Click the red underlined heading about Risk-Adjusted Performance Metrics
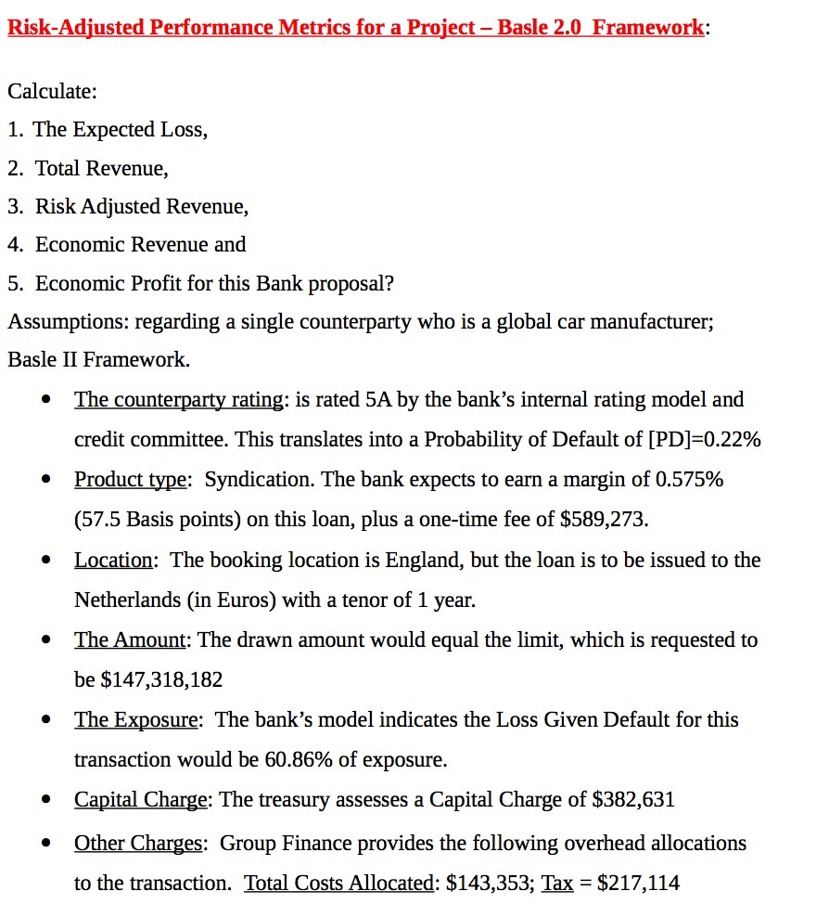(355, 27)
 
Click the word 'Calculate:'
(52, 92)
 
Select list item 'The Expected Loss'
(119, 130)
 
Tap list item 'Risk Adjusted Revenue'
(141, 206)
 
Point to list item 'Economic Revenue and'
(140, 245)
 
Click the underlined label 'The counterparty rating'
(178, 400)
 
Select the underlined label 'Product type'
(132, 480)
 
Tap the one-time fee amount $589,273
(604, 520)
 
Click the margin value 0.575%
(689, 480)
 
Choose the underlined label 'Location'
(113, 561)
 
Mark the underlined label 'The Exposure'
(135, 720)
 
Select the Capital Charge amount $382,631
(632, 800)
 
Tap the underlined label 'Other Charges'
(138, 844)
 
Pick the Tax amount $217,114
(638, 884)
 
